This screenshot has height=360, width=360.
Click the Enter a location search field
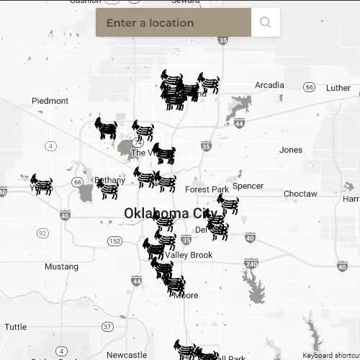coord(173,22)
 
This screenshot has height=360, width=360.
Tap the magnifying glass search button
coord(266,22)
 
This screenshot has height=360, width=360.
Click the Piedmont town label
coord(50,101)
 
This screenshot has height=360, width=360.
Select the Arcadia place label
coord(269,85)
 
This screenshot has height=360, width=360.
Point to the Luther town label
coord(338,88)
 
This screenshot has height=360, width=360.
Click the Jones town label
coord(291,150)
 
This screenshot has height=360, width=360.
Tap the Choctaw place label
coord(300,194)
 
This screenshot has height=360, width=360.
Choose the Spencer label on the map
coord(248,186)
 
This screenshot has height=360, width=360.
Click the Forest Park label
coord(207,189)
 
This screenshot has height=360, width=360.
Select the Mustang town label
coord(61,266)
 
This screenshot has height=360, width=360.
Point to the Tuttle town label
coord(15,326)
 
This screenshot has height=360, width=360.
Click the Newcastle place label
coord(127,355)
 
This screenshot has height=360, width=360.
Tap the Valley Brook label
coord(189,255)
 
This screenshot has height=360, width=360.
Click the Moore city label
coord(186,295)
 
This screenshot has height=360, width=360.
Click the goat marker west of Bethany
coord(42,185)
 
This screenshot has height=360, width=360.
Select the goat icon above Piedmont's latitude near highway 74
coord(107,128)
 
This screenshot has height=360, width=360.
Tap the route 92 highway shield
coord(42,233)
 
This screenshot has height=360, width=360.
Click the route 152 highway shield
coord(115,241)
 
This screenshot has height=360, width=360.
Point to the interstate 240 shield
coord(251,264)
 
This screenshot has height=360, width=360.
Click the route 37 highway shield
coord(107,326)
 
